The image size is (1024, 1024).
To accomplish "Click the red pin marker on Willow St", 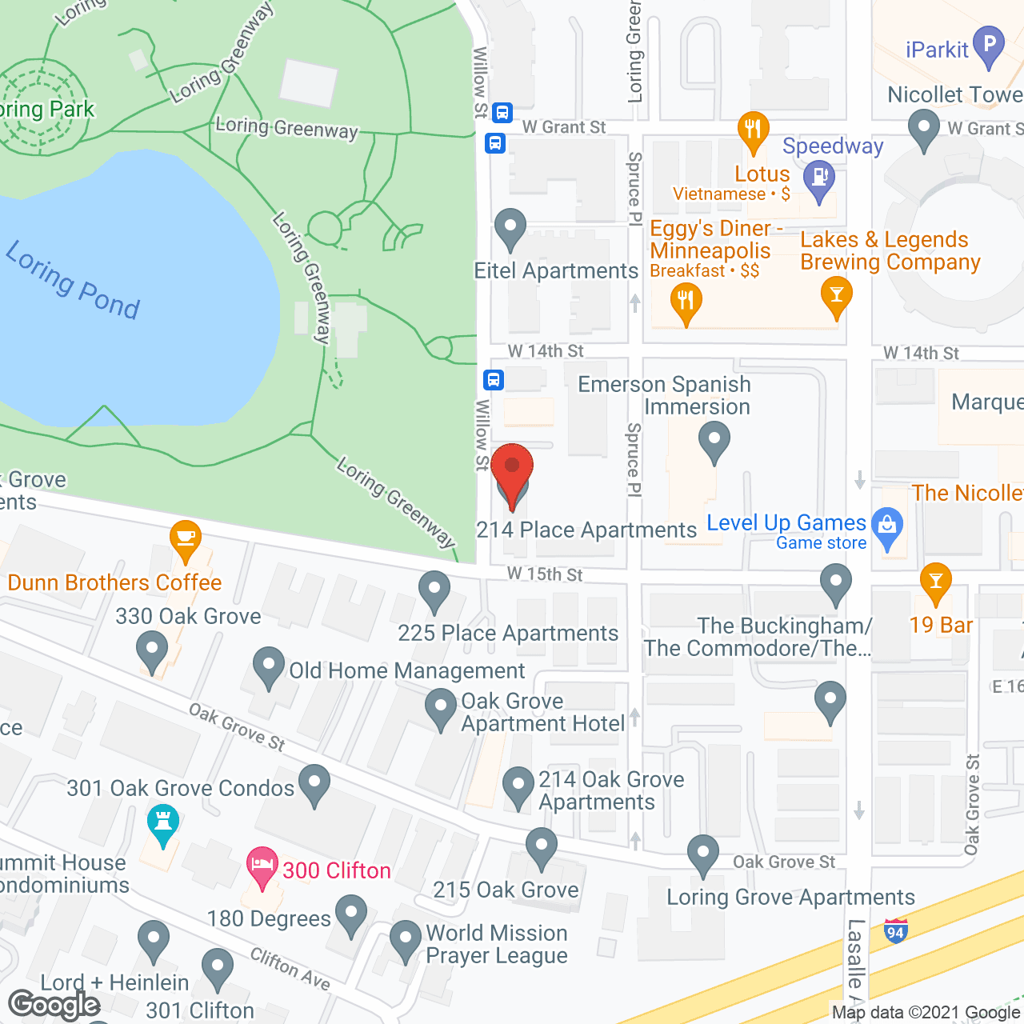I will (512, 467).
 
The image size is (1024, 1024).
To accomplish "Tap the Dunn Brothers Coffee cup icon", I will (186, 538).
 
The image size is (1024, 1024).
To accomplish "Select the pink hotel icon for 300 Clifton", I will (262, 866).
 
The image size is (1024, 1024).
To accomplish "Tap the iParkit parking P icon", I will (989, 46).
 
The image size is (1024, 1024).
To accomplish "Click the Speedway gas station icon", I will (818, 178).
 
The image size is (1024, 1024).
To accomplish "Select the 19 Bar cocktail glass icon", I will (935, 581).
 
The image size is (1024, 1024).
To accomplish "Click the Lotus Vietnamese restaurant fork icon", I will (753, 130).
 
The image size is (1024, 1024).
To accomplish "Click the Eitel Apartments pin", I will (510, 229).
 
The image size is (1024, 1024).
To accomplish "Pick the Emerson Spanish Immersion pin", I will (714, 441).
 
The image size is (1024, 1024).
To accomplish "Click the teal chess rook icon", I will (163, 824).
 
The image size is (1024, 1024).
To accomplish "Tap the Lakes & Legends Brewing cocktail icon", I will (836, 295).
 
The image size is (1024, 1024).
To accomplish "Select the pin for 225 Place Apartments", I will (434, 590).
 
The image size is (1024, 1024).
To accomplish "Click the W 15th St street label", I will (545, 574).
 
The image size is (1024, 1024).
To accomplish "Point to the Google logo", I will (54, 1005).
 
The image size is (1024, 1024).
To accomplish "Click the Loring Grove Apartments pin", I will (702, 854).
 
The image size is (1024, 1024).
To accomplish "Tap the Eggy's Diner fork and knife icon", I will (686, 302).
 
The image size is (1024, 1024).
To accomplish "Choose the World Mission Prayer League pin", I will (406, 940).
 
